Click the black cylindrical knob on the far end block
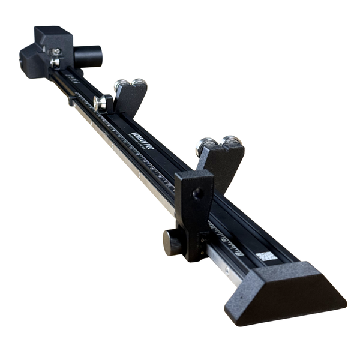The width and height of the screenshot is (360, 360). (x=89, y=56)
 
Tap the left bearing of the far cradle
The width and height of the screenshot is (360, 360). (x=122, y=85)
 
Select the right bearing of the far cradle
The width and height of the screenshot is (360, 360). (x=139, y=83)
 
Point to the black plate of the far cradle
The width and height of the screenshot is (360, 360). (x=131, y=100)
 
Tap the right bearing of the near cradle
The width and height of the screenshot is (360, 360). (x=231, y=143)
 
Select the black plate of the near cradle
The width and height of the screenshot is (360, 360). (x=220, y=165)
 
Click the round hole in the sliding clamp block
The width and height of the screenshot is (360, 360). (x=197, y=194)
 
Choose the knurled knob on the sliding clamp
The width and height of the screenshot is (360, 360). (x=173, y=242)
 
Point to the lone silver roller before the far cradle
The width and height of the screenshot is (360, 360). (x=101, y=103)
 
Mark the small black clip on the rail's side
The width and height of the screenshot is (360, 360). (x=72, y=101)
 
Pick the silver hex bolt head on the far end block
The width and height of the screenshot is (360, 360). (x=56, y=62)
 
